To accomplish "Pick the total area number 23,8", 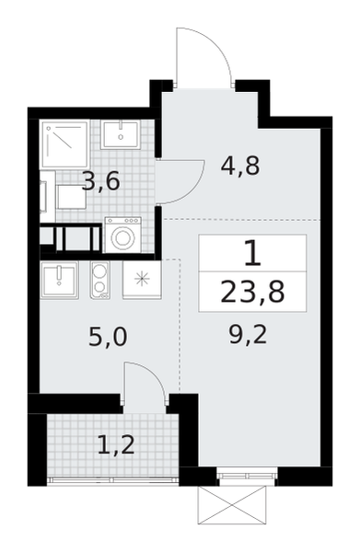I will pos(252,293).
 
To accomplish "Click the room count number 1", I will pos(252,252).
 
